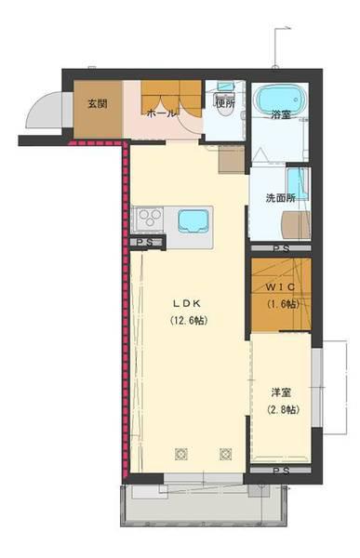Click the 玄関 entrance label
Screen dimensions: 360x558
(98, 104)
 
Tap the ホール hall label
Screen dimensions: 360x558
(161, 113)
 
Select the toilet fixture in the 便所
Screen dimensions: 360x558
(224, 104)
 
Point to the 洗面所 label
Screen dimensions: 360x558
(281, 198)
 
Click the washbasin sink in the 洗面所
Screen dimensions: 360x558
(298, 183)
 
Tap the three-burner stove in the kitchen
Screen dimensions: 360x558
(150, 219)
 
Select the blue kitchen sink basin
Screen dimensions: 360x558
(193, 220)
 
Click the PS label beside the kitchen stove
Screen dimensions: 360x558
(145, 243)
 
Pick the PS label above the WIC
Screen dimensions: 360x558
(281, 248)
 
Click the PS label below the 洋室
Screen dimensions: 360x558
(281, 471)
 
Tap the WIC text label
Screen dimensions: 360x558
(281, 286)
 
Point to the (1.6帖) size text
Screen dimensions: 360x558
(283, 304)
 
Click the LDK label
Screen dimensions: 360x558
(187, 303)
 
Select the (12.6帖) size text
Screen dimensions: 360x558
(187, 321)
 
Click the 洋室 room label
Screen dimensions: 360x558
(281, 392)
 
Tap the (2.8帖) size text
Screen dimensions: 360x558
(283, 410)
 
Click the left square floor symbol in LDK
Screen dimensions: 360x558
(181, 454)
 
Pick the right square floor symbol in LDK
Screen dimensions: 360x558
(226, 454)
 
